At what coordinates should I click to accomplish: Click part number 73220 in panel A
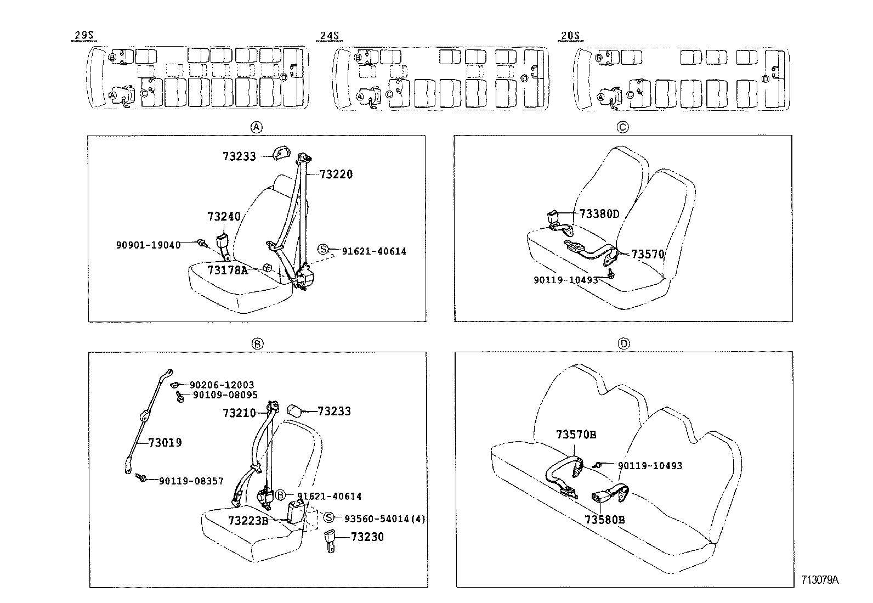(x=336, y=174)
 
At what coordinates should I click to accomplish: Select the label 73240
(x=224, y=216)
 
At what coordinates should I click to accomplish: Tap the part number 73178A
(x=228, y=270)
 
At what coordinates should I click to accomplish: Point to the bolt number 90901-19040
(x=148, y=245)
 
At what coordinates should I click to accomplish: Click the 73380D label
(x=599, y=214)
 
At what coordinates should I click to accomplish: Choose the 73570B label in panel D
(x=576, y=435)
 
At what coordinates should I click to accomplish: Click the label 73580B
(x=604, y=519)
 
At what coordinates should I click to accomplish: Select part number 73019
(x=165, y=442)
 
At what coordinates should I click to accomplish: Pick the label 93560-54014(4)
(x=384, y=518)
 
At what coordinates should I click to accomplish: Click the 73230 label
(x=367, y=537)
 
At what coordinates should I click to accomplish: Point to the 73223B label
(x=248, y=520)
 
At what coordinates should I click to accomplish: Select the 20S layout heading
(x=570, y=36)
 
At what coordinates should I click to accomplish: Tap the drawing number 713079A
(x=820, y=580)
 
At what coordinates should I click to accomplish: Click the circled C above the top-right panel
(x=623, y=127)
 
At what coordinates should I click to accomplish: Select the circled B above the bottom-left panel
(x=257, y=344)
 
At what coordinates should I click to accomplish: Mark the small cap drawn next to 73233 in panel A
(x=281, y=153)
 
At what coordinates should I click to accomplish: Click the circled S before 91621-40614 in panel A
(x=324, y=250)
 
